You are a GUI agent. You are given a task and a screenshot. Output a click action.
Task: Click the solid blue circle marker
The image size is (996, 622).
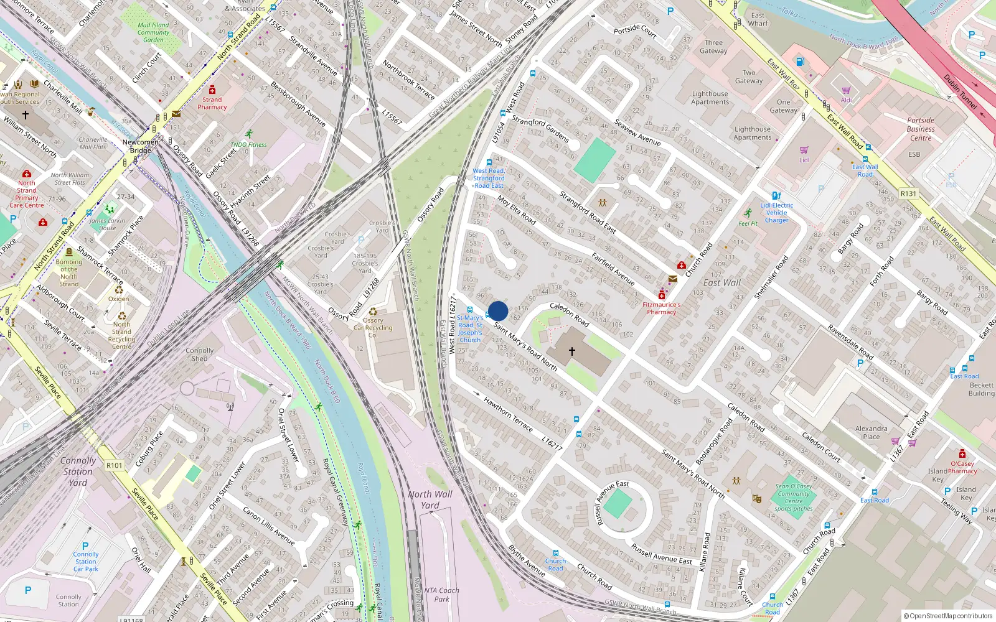coord(498,311)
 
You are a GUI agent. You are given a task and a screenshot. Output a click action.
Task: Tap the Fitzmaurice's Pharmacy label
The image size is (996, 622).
coord(661,309)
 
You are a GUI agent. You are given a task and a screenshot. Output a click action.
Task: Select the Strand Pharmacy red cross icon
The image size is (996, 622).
coord(212,90)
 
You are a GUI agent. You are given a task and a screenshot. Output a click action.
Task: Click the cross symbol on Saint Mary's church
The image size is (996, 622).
coord(572,351)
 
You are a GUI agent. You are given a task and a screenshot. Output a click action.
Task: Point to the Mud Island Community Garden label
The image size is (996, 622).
coord(153,32)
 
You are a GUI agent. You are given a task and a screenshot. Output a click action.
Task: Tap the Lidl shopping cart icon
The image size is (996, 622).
coord(804,150)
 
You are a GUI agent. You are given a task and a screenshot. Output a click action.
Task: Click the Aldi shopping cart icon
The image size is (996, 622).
coord(846,90)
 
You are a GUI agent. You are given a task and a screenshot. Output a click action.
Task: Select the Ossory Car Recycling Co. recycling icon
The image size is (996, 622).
coord(373,312)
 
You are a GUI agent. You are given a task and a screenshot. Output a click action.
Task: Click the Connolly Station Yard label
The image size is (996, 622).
coord(78,471)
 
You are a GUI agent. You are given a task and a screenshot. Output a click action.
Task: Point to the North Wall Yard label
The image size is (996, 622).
coord(430,499)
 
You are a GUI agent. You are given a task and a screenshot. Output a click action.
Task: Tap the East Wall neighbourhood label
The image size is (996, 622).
coord(721,282)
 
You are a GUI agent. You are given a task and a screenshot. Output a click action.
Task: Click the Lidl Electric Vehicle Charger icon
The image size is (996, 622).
coord(776,195)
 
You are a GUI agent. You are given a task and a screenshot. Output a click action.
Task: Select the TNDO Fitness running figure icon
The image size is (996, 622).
coord(249,134)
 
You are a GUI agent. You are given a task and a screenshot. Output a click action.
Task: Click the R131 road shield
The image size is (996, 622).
coord(908,193)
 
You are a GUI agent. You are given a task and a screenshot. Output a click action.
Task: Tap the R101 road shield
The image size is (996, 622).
coord(115,465)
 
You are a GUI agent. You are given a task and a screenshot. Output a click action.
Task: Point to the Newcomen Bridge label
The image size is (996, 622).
coord(141,146)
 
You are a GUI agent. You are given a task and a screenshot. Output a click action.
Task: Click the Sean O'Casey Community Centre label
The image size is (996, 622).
coord(794,497)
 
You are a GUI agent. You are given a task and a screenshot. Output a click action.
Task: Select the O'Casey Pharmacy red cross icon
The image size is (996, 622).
coord(962,453)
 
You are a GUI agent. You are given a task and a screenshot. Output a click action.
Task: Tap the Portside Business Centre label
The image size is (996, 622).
coord(921,129)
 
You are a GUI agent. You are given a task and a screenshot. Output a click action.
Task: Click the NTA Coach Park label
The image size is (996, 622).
coord(441,595)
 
